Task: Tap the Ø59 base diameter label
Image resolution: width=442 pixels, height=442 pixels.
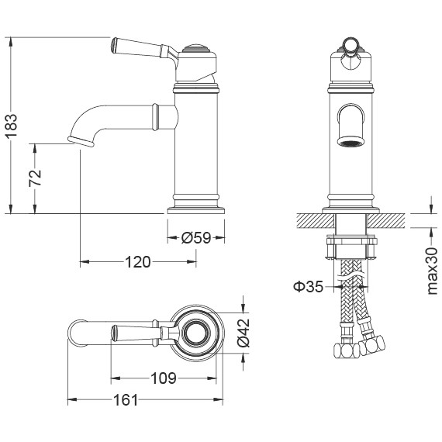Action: pos(195,239)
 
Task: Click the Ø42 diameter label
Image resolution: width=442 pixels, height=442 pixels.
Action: pos(242,333)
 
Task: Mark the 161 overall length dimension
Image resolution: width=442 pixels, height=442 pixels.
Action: pos(125,400)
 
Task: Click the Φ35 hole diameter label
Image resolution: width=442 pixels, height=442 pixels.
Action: pos(309,288)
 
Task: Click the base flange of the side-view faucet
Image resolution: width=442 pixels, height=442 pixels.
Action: pos(195,207)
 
